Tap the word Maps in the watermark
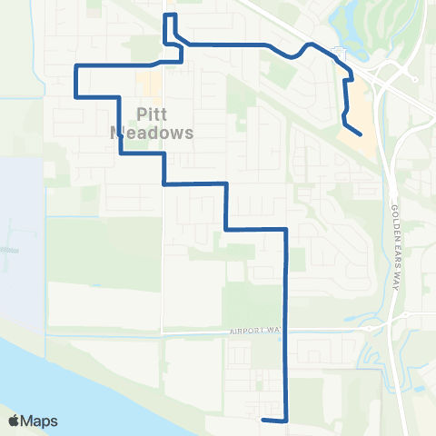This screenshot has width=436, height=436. click(42, 421)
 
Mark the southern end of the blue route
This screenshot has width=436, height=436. click(263, 420)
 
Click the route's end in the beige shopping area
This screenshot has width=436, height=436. click(362, 134)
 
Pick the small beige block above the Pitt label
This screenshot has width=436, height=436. click(148, 86)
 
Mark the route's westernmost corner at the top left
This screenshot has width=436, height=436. click(74, 66)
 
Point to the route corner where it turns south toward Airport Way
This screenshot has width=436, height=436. click(287, 230)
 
